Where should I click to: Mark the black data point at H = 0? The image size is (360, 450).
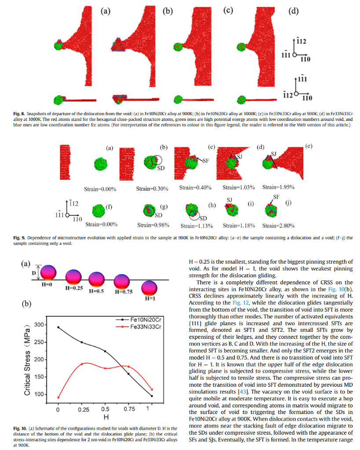pyautogui.click(x=58, y=327)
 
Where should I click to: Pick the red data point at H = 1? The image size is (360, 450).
pyautogui.click(x=152, y=389)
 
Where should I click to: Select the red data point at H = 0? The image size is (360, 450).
pyautogui.click(x=58, y=397)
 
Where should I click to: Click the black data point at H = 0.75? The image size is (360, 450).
pyautogui.click(x=128, y=374)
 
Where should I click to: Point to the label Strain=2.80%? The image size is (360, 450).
pyautogui.click(x=278, y=225)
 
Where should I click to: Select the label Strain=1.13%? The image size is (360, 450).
pyautogui.click(x=196, y=226)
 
